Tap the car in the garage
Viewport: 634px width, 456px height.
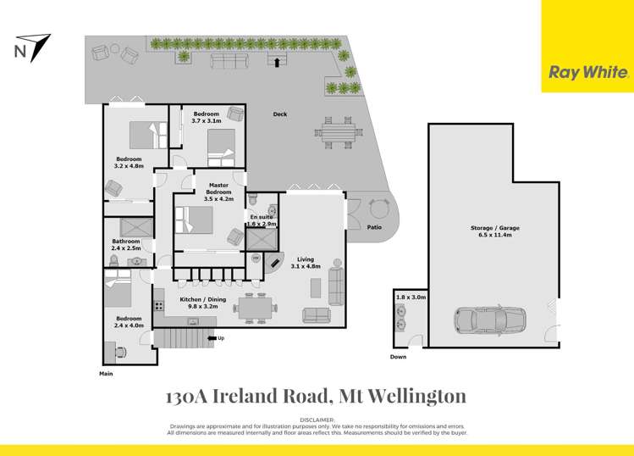tap(489, 320)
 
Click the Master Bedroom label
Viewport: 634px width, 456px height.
tap(218, 192)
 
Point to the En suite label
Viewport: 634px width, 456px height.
tap(262, 220)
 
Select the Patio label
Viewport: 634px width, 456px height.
tap(376, 227)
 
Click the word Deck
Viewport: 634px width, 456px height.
tap(279, 114)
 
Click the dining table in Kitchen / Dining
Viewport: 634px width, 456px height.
tap(256, 308)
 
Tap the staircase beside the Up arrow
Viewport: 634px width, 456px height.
tap(181, 339)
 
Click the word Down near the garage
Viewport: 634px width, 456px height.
tap(398, 357)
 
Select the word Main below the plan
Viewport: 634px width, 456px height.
tap(106, 373)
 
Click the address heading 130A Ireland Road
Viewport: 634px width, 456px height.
tap(316, 397)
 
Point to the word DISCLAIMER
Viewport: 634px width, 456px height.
tap(317, 420)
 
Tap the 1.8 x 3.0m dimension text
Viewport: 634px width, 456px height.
tap(411, 298)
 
